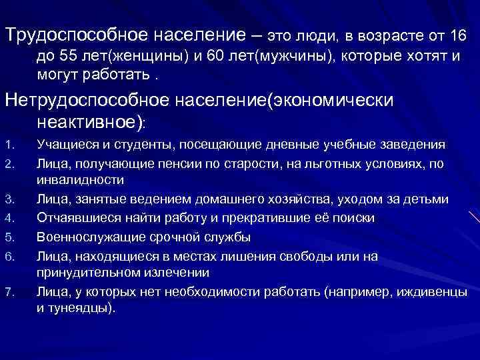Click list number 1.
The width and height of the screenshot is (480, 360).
pyautogui.click(x=7, y=145)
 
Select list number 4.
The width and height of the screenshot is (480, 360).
pyautogui.click(x=7, y=218)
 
